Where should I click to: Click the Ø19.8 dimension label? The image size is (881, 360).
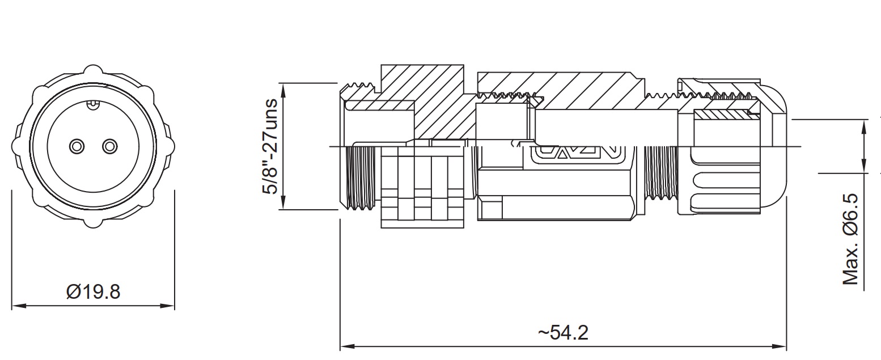[94, 292]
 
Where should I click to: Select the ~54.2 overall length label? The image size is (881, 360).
[563, 333]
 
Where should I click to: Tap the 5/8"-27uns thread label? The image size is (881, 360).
[270, 146]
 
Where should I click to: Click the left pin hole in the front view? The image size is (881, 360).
[77, 146]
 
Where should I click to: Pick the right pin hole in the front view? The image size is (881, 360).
[110, 146]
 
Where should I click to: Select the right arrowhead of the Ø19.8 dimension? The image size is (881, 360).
[167, 306]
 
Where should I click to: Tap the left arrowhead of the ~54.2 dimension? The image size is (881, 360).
[348, 346]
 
